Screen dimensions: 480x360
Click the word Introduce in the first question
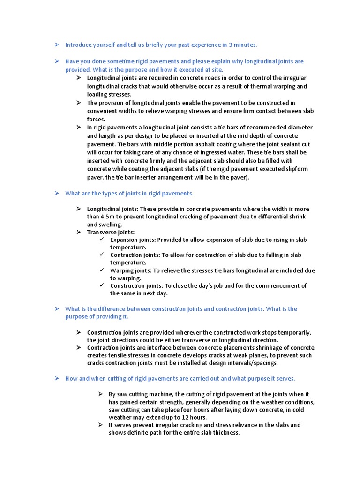(78, 45)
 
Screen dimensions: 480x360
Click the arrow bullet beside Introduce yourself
(56, 45)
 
